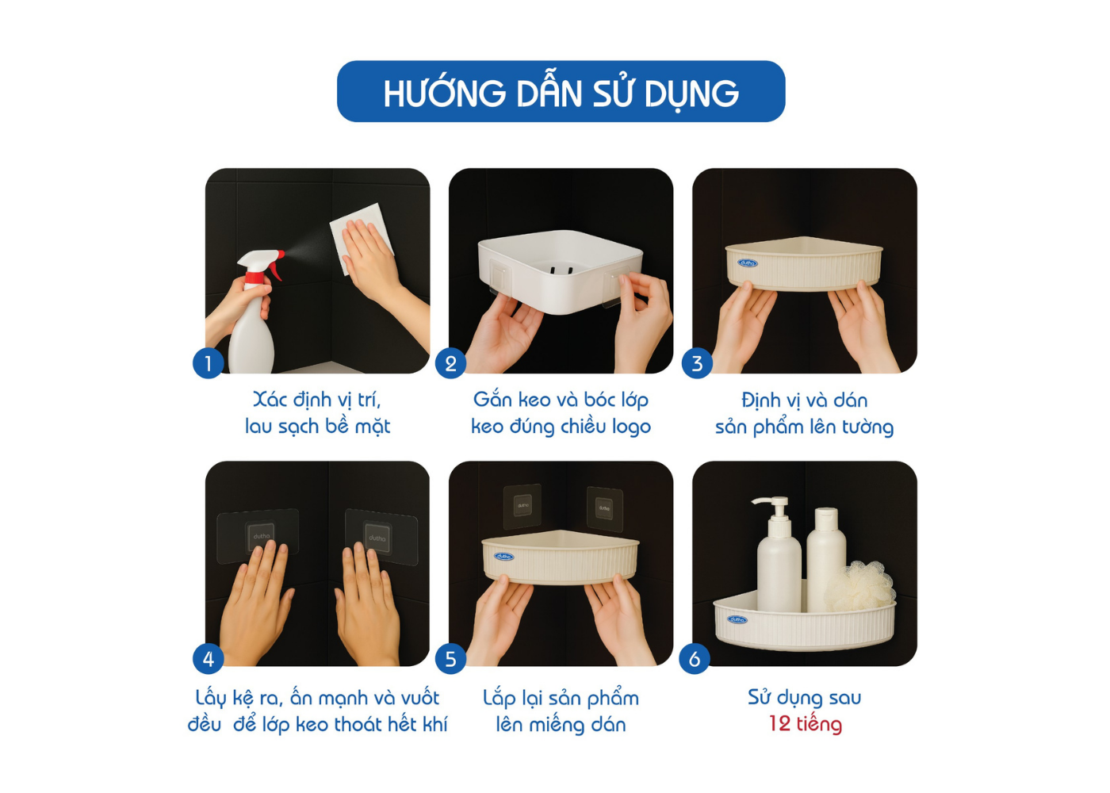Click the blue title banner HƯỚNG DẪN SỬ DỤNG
click(x=561, y=92)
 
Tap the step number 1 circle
click(x=208, y=363)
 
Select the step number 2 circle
click(x=450, y=363)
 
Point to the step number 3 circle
click(x=697, y=363)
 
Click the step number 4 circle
click(x=208, y=659)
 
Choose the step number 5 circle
click(x=450, y=659)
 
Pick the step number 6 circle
click(x=695, y=659)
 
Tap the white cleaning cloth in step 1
click(x=362, y=238)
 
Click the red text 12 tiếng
click(x=806, y=725)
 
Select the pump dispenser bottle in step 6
click(x=778, y=554)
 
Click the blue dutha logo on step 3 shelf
click(x=747, y=262)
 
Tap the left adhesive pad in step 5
click(x=522, y=507)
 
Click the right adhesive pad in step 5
click(x=604, y=509)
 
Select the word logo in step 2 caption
click(x=631, y=427)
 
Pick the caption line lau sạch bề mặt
click(x=318, y=427)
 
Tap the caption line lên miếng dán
click(x=561, y=725)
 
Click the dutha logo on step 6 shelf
click(x=737, y=619)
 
